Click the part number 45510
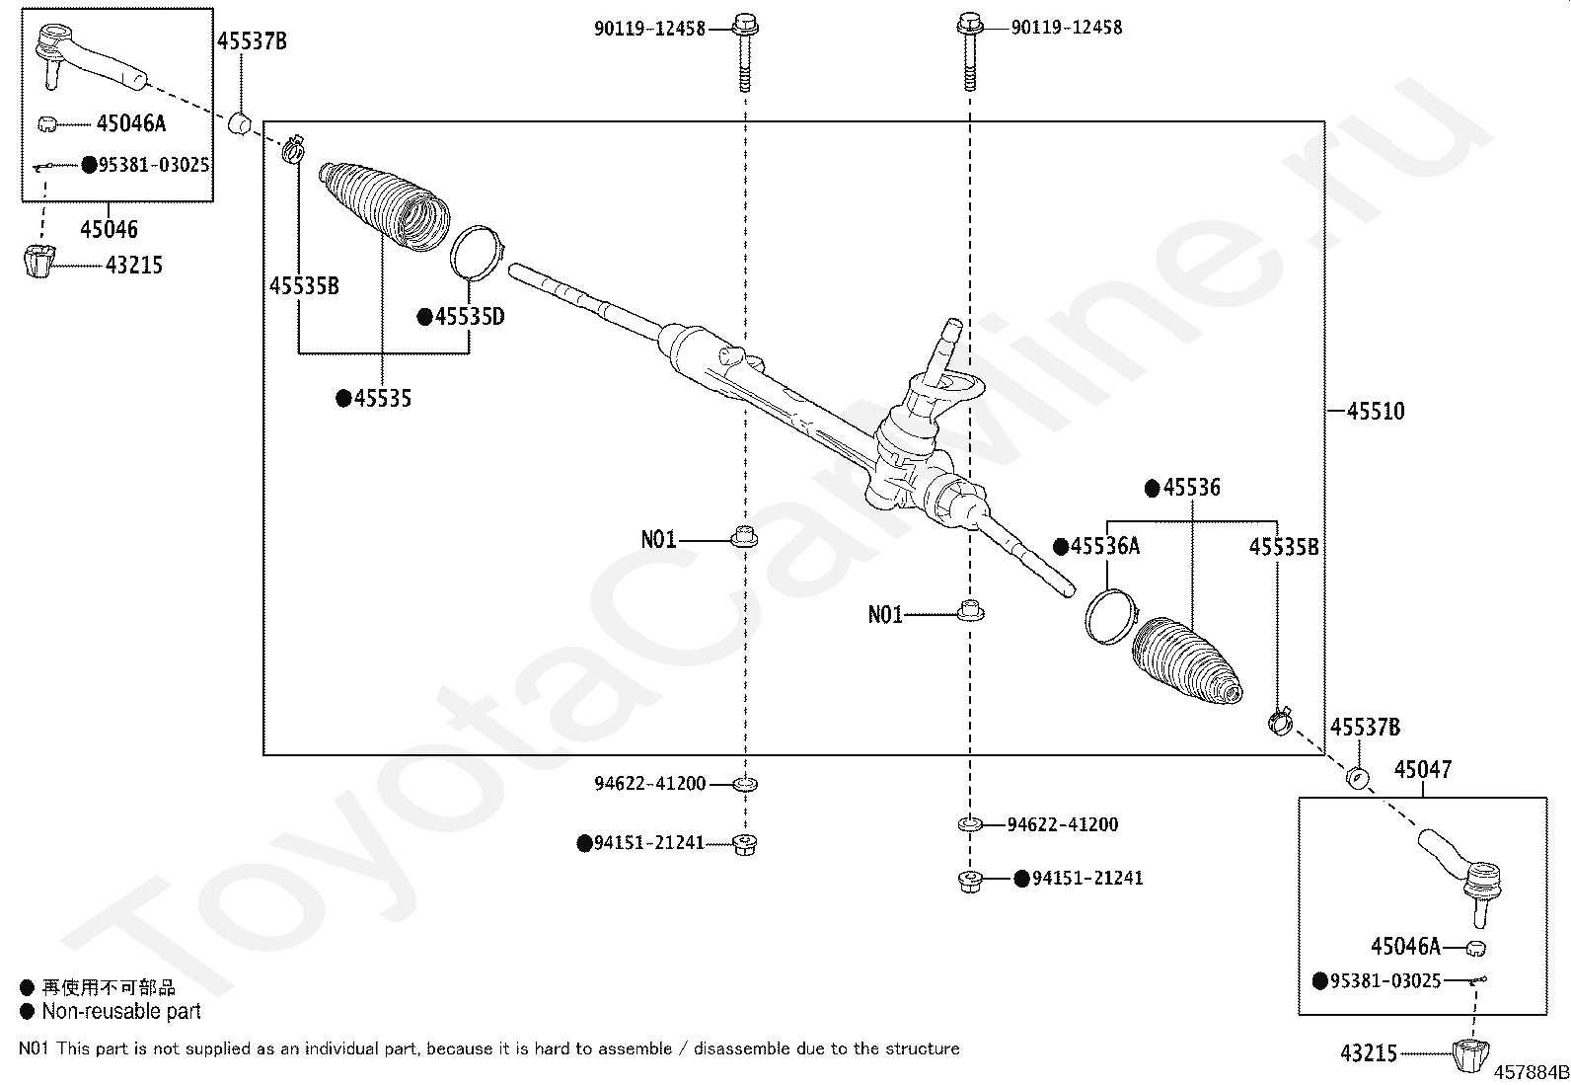pyautogui.click(x=1376, y=411)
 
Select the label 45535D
pyautogui.click(x=470, y=317)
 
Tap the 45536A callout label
pyautogui.click(x=1105, y=546)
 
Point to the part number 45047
pyautogui.click(x=1422, y=770)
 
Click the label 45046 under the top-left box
pyautogui.click(x=109, y=229)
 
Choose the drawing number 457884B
pyautogui.click(x=1531, y=1072)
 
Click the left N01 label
pyautogui.click(x=658, y=539)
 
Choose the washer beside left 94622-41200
pyautogui.click(x=744, y=785)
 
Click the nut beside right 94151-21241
pyautogui.click(x=970, y=879)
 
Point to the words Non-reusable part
pyautogui.click(x=121, y=1011)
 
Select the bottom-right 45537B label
pyautogui.click(x=1365, y=728)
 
